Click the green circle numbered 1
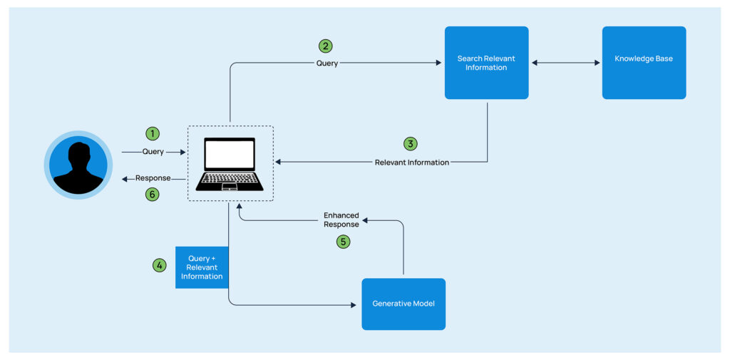(x=152, y=133)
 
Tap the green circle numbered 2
(x=325, y=46)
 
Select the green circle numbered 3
(x=410, y=144)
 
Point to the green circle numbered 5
(x=343, y=242)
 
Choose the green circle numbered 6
(x=152, y=194)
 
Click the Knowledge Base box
(x=644, y=63)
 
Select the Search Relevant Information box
(x=486, y=63)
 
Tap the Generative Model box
(x=403, y=304)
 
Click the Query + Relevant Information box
(x=201, y=267)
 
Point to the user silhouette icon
(x=78, y=165)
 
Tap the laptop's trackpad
(x=230, y=187)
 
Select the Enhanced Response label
(x=341, y=220)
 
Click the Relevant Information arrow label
(x=412, y=163)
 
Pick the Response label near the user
(x=153, y=178)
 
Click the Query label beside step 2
(x=327, y=63)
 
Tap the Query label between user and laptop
(x=153, y=152)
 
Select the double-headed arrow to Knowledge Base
(x=565, y=63)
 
